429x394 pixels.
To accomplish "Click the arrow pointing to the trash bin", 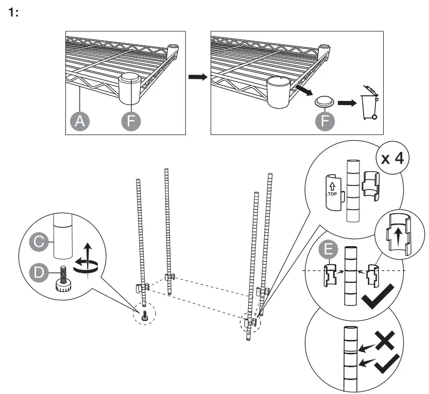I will pyautogui.click(x=347, y=102).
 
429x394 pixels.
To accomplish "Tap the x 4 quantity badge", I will pyautogui.click(x=391, y=158).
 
